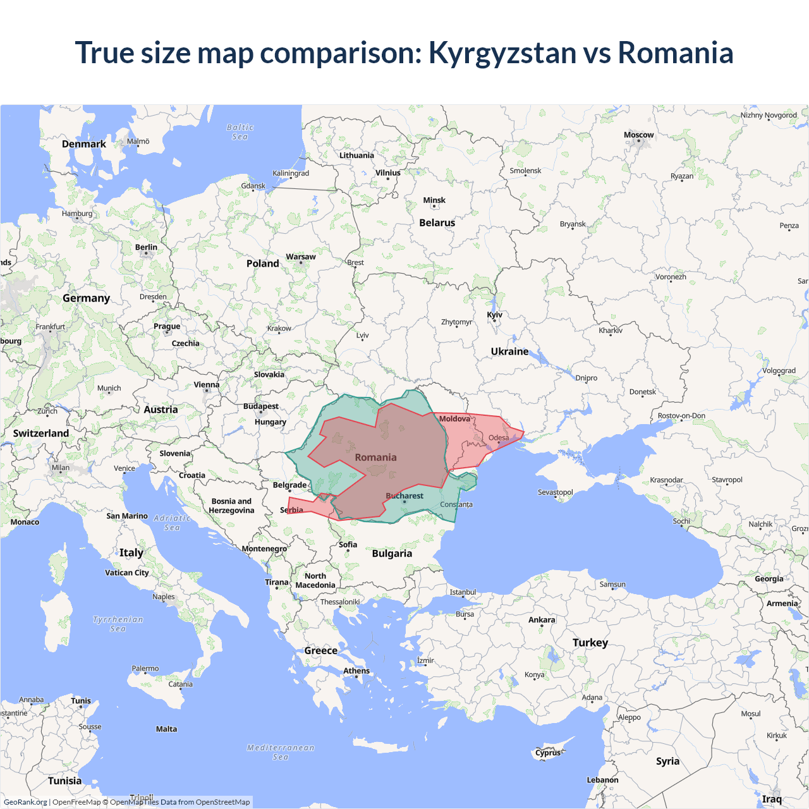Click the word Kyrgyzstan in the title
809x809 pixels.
click(502, 53)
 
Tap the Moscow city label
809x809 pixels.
click(638, 135)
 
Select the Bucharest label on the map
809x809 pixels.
click(404, 496)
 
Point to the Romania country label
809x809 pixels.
click(375, 457)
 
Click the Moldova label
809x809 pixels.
click(454, 418)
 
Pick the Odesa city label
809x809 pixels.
click(498, 437)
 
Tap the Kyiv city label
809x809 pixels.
click(494, 315)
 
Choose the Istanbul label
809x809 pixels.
click(463, 592)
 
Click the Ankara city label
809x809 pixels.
click(542, 619)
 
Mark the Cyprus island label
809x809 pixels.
click(547, 752)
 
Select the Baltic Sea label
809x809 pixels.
click(240, 132)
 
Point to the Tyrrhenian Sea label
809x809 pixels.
click(118, 624)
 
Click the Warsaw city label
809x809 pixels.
click(300, 257)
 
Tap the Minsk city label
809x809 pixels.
click(434, 200)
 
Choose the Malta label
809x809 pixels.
click(166, 729)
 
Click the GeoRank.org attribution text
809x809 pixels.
click(25, 802)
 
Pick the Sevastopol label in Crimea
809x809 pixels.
click(555, 492)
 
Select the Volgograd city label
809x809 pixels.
click(779, 371)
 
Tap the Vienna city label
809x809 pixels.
click(207, 384)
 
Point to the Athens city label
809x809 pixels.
click(356, 671)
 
